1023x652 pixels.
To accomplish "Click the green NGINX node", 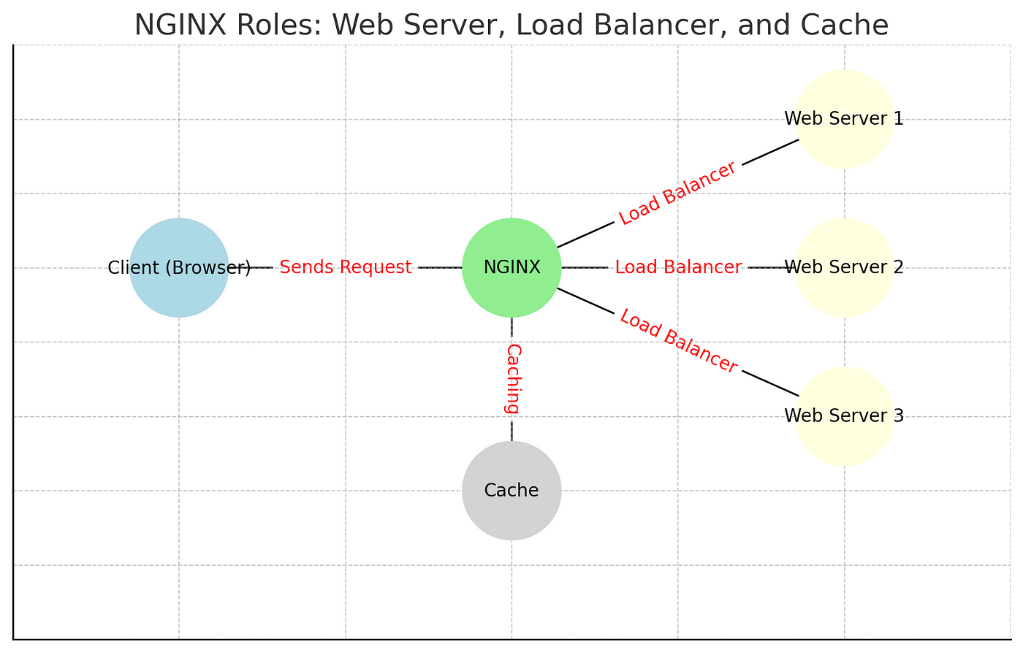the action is click(512, 267).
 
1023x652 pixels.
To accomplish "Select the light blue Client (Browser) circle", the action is click(179, 267).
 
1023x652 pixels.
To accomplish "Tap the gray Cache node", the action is click(512, 491).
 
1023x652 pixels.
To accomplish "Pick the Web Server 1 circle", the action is click(845, 119).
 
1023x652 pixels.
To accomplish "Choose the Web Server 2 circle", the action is click(845, 267).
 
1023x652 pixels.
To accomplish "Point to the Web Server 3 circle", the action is click(845, 416).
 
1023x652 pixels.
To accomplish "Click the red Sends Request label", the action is click(345, 267).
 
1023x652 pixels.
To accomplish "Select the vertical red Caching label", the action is click(512, 379).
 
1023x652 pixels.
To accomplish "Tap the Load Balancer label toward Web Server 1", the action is click(677, 193).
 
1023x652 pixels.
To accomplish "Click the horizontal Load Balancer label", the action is click(678, 267).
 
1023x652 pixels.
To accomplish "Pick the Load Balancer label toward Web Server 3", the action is click(678, 341).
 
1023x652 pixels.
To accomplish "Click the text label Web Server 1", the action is click(844, 118).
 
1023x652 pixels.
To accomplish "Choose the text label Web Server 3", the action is click(844, 415).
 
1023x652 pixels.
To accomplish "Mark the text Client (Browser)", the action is click(179, 268).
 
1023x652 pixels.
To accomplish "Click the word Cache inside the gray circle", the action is click(511, 491).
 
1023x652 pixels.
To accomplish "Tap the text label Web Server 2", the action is click(844, 267).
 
